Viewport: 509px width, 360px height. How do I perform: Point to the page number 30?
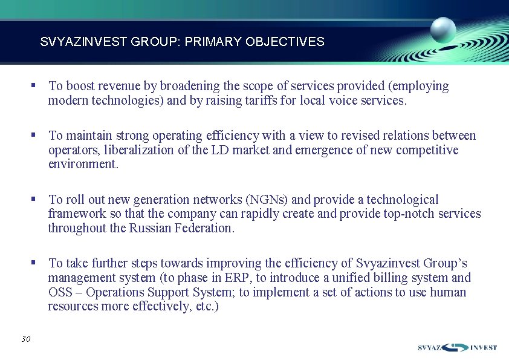tap(25, 339)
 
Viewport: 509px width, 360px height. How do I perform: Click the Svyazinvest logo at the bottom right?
tap(457, 347)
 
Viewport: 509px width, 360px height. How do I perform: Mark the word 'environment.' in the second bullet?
tap(83, 165)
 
